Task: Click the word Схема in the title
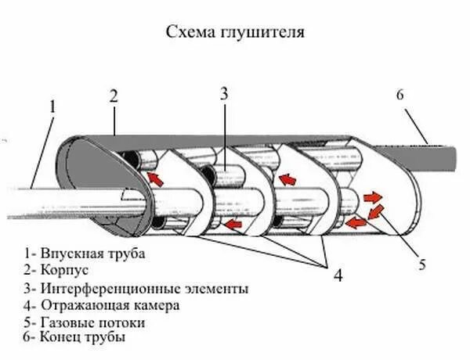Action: tap(186, 33)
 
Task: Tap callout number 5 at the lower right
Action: tap(421, 265)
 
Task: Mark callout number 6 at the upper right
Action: tap(399, 95)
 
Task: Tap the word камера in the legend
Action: tap(157, 305)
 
